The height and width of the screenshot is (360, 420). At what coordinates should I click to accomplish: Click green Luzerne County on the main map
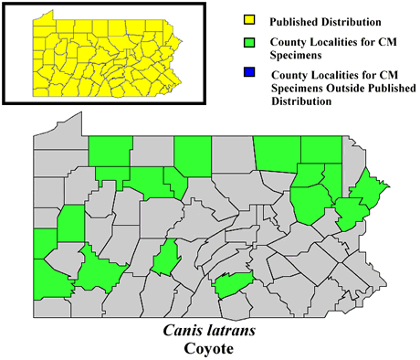[310, 201]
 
